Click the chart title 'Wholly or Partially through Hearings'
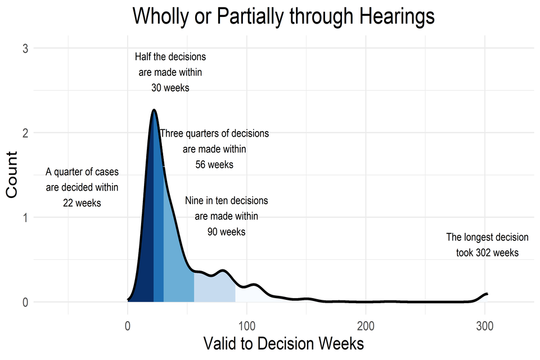point(283,16)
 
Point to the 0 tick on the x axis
point(128,325)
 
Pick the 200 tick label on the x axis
point(366,325)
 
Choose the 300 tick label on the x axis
point(485,325)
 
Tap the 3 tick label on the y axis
point(25,49)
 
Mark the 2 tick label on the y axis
point(25,133)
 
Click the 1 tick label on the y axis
point(25,218)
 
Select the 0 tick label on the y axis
point(25,302)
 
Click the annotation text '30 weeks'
point(170,88)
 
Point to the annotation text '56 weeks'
point(214,165)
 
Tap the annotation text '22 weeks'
point(82,203)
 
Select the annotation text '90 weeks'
point(226,231)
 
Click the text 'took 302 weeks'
point(487,253)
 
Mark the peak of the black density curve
point(153,110)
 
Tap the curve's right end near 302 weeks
point(487,294)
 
